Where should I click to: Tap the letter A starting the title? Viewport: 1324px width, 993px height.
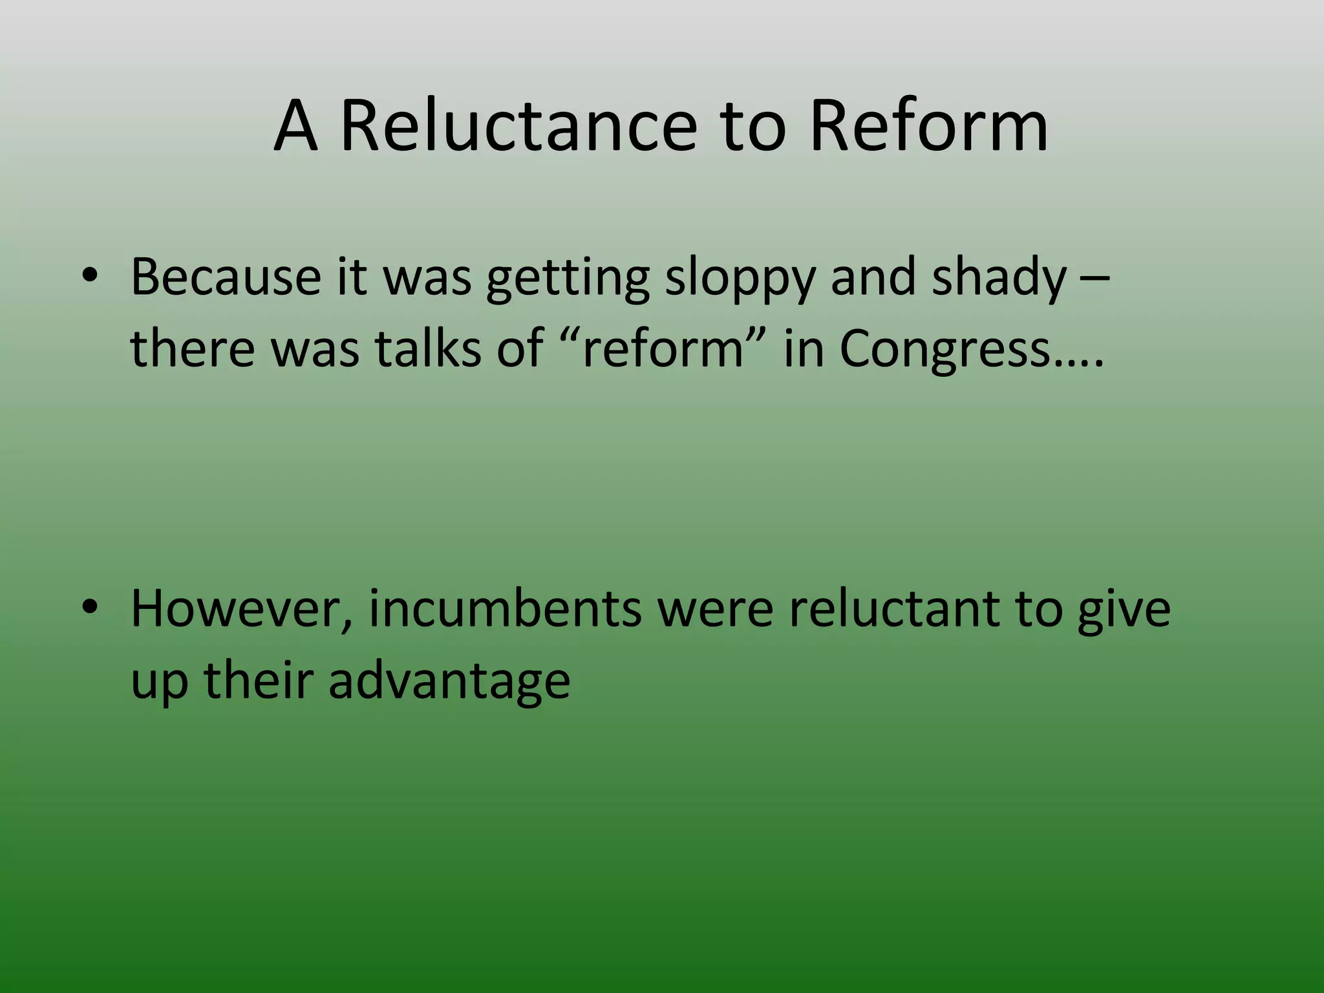(296, 126)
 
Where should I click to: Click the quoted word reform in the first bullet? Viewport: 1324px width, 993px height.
(663, 349)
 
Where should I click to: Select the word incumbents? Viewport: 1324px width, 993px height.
(505, 609)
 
